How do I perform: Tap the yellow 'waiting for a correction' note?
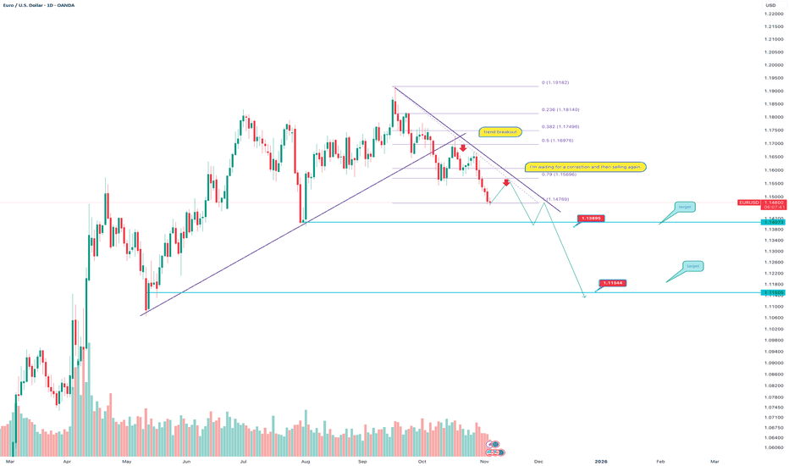pos(586,167)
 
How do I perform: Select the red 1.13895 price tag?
pos(590,219)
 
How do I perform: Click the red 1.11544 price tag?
pos(612,282)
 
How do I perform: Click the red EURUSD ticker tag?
pos(749,202)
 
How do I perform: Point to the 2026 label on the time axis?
pos(601,461)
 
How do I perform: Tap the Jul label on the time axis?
pos(244,461)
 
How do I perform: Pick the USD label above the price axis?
pos(770,6)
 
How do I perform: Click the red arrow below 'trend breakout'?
pos(463,148)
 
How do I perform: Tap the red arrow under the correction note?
pos(506,182)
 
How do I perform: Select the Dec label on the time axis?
pos(538,461)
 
